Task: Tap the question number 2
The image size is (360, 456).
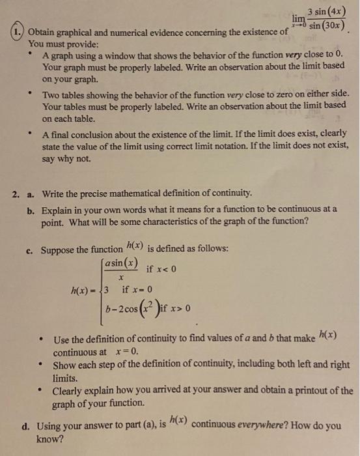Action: point(18,193)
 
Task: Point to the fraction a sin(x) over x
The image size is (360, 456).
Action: point(121,269)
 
